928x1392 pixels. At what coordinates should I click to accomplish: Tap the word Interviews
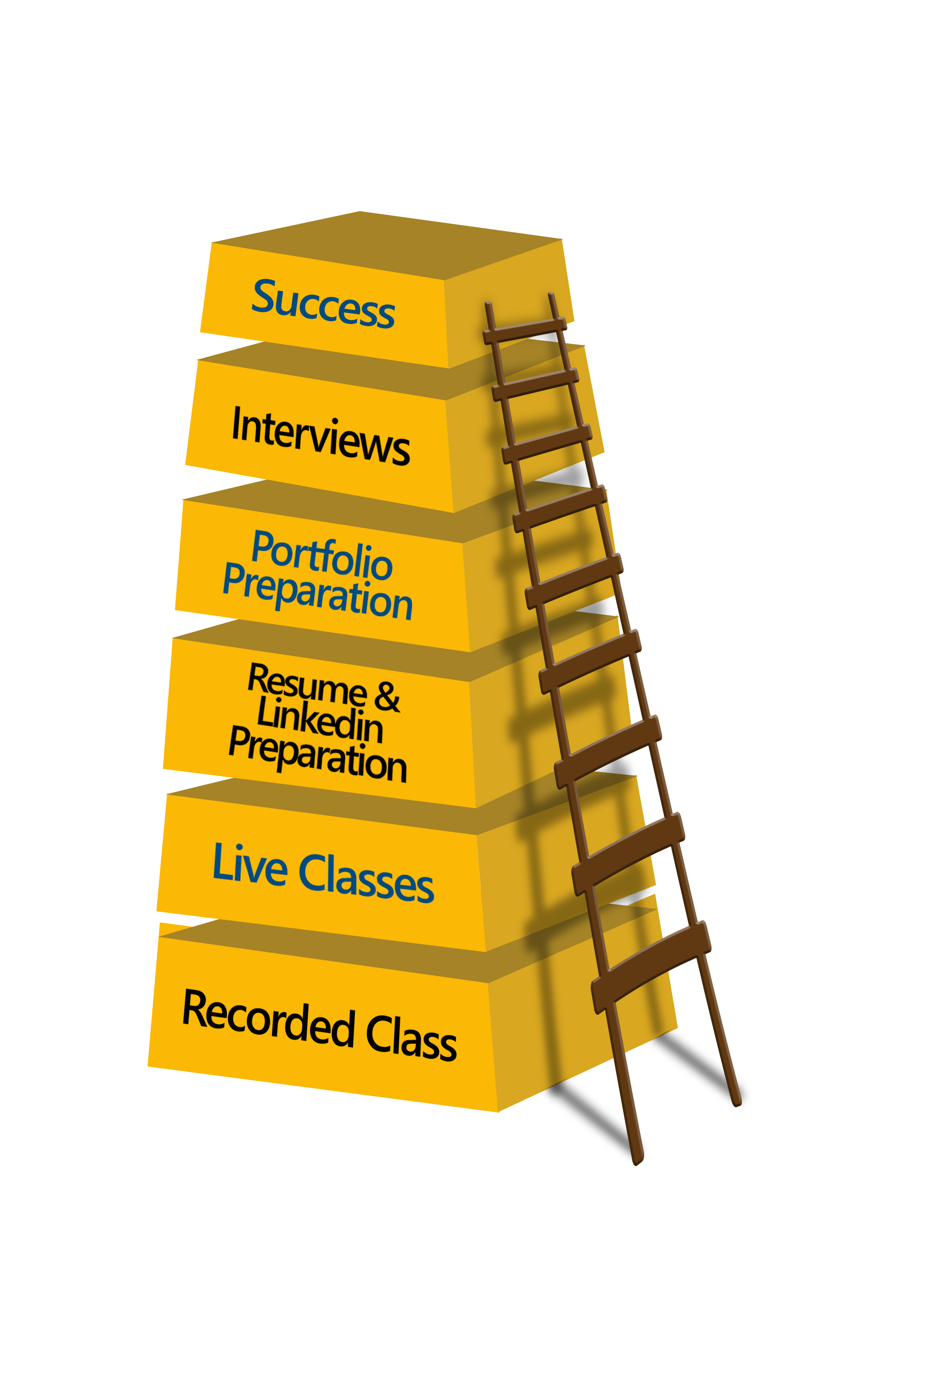(321, 436)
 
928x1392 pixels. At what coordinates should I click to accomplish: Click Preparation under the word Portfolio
(317, 592)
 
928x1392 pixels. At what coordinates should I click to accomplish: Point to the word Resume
(307, 685)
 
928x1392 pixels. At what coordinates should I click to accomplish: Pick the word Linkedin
(320, 720)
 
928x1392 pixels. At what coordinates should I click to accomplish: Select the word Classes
(367, 879)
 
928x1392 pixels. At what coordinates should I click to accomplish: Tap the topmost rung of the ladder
(525, 331)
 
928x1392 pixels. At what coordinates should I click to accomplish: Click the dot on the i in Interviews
(335, 421)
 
